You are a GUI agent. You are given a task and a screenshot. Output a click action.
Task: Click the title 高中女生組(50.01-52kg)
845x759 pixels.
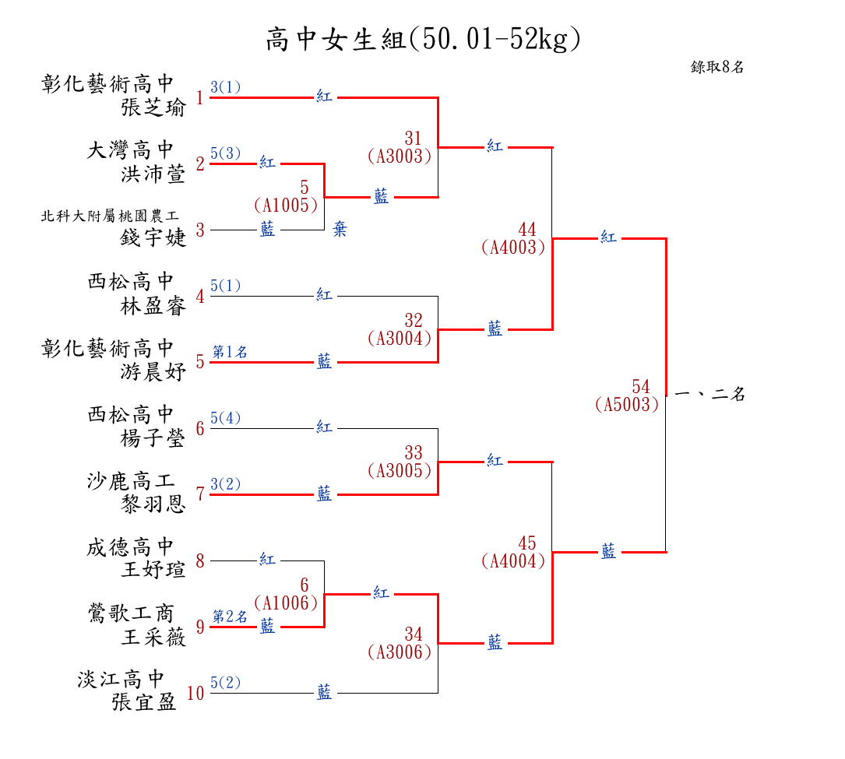point(423,39)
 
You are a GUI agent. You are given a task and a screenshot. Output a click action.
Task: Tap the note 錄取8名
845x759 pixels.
point(717,67)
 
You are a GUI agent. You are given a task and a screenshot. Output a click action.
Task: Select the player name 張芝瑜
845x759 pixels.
point(153,108)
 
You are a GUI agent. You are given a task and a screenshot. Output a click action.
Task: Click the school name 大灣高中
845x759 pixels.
point(131,150)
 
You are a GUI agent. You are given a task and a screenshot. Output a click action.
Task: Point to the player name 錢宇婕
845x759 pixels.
point(153,237)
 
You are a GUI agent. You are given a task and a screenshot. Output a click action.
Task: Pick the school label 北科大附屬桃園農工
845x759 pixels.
point(108,216)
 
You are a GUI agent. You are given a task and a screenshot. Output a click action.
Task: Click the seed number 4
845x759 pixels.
point(200,297)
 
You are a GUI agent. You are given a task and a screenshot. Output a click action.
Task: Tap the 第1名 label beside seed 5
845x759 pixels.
point(231,353)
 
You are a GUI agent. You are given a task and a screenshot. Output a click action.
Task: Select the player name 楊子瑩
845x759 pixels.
point(153,438)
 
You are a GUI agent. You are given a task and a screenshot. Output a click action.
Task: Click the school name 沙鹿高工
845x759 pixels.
point(131,481)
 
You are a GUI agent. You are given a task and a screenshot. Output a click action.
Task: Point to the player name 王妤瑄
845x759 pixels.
point(153,571)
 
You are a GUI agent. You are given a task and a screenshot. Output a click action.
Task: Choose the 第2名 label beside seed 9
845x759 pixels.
point(231,617)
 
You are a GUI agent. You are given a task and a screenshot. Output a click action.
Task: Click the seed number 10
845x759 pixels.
point(195,693)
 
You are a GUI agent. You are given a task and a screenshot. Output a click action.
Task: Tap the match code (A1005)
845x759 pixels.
point(287,205)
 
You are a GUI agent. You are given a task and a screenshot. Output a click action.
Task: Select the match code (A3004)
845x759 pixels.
point(400,339)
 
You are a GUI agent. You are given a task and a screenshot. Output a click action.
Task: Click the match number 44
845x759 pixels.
point(527,230)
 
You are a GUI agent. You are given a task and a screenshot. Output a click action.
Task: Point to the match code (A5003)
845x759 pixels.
point(627,405)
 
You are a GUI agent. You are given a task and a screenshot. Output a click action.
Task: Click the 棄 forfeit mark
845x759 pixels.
point(340,230)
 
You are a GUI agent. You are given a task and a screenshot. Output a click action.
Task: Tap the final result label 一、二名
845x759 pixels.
point(710,395)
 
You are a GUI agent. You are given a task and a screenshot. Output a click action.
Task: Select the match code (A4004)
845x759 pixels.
point(514,560)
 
